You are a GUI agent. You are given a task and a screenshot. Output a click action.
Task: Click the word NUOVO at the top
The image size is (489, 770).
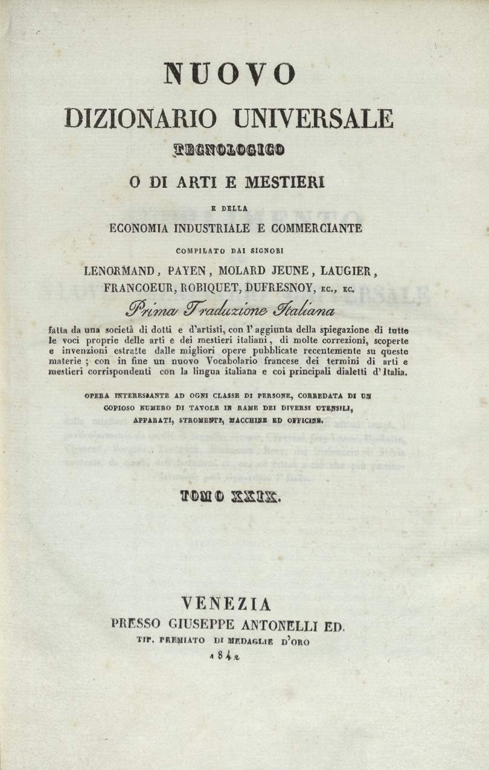pos(230,74)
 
